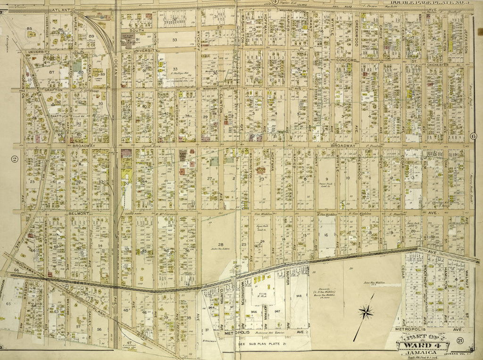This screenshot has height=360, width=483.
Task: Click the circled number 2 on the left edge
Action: tap(15, 159)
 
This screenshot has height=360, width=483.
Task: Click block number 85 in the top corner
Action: tap(29, 29)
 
